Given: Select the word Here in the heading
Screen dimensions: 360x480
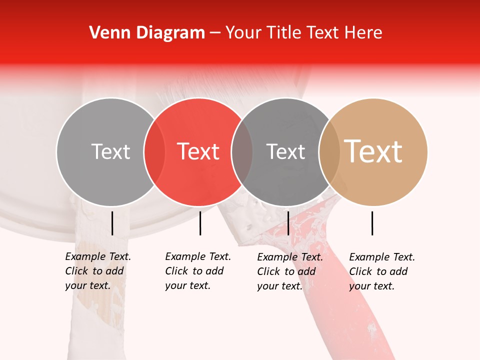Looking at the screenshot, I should pos(364,33).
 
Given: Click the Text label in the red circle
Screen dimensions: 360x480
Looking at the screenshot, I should pos(198,151).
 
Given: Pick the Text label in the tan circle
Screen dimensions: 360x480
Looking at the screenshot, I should pos(373,151).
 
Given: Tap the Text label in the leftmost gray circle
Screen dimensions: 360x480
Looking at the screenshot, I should pos(110,151).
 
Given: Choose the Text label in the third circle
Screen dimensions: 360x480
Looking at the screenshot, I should pos(285,151).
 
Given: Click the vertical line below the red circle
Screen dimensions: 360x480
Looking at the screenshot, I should pos(200,223).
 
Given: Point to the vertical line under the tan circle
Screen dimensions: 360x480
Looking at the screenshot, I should pos(372,223).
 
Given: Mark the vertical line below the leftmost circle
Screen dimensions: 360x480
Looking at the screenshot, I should pos(112,223).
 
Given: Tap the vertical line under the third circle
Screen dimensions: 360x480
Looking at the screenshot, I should pos(288,223).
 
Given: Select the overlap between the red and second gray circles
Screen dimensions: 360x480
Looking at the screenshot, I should pos(242,151).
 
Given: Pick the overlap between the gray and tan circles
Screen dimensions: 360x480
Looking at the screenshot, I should pos(329,151).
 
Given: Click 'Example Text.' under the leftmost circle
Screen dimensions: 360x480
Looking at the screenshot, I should pos(98,256).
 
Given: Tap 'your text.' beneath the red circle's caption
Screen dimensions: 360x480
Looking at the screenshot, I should pos(187,285).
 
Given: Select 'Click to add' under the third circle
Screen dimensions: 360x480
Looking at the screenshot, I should pos(286,271).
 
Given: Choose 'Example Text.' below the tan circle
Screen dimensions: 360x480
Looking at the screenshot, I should pos(382,257).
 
